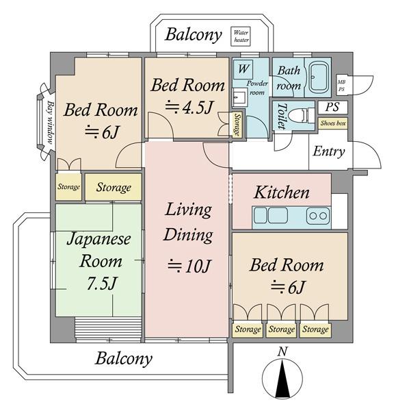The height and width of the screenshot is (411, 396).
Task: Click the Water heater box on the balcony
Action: (x=240, y=36)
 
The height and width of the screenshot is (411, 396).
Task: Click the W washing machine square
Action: (x=243, y=69)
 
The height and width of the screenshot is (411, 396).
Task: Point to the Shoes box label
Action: (x=333, y=123)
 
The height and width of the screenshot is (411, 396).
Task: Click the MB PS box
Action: (x=341, y=86)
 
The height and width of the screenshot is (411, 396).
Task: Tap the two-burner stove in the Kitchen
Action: (x=318, y=216)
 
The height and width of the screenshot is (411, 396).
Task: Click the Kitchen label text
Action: (x=281, y=192)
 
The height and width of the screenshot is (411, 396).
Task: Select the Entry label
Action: (x=329, y=151)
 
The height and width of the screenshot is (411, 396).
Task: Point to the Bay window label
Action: (x=51, y=122)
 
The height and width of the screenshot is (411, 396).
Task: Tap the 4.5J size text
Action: (x=189, y=108)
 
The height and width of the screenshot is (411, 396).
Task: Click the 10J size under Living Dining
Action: (x=189, y=266)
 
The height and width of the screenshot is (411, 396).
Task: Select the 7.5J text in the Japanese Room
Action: (x=101, y=284)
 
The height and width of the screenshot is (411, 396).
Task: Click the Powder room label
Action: (x=257, y=88)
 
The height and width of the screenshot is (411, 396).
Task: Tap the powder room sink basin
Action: (x=239, y=97)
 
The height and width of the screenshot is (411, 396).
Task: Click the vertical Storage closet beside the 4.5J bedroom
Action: (x=237, y=125)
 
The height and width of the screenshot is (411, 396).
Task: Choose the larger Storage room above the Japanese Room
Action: (x=114, y=187)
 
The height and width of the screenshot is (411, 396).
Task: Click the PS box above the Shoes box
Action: (x=332, y=108)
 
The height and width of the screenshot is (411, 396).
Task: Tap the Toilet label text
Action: (x=282, y=116)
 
